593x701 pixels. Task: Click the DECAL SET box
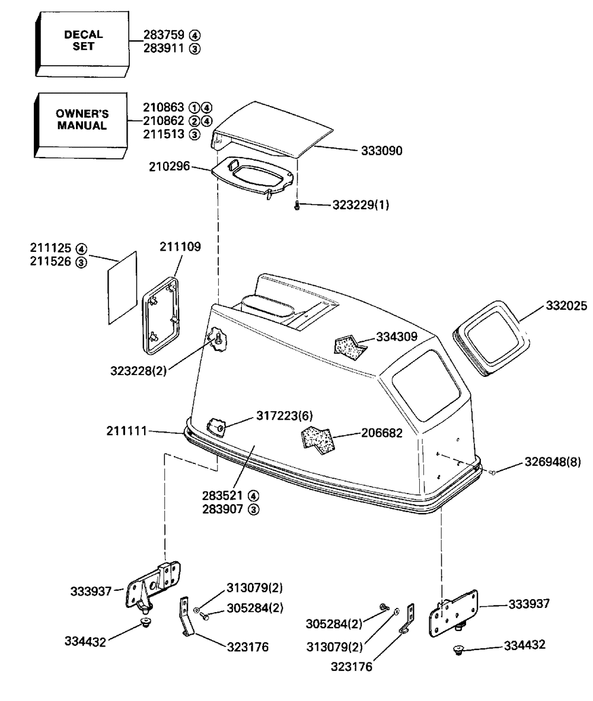tap(83, 41)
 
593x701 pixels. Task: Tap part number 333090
tap(381, 151)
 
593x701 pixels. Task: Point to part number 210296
tap(169, 167)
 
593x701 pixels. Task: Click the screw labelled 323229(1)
tap(298, 206)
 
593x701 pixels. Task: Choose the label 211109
tap(180, 247)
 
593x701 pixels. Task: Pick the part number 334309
tap(396, 337)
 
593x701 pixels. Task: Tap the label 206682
tap(382, 433)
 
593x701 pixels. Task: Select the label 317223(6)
tap(283, 415)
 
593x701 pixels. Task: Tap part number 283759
tap(164, 35)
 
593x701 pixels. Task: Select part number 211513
tap(164, 135)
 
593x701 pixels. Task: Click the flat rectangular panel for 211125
tap(123, 288)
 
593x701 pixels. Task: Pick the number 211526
tap(50, 261)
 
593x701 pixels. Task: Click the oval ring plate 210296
tap(253, 175)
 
